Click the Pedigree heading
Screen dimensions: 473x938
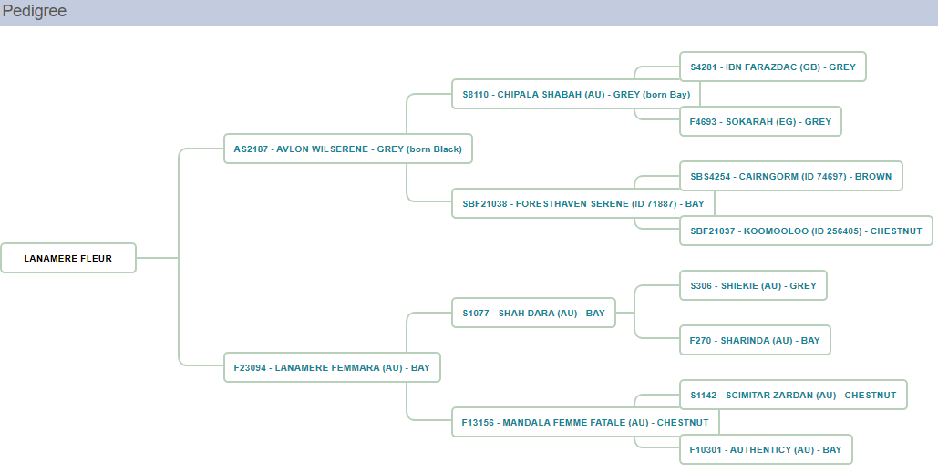(35, 12)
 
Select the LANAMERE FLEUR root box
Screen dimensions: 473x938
(68, 258)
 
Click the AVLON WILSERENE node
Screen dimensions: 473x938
(347, 149)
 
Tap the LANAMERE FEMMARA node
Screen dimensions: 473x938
(331, 367)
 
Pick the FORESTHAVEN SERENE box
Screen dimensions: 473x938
(582, 203)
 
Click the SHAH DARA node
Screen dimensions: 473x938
(533, 313)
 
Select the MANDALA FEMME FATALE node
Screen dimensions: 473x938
(585, 422)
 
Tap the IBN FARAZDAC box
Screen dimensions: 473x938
(773, 67)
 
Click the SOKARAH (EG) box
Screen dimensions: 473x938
(760, 121)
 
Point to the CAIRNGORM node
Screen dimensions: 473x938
(790, 176)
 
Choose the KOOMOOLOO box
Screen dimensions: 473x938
(806, 231)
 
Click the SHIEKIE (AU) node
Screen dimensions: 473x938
(753, 285)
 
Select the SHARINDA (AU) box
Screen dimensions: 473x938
(755, 340)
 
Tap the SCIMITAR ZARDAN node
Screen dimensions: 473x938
(793, 395)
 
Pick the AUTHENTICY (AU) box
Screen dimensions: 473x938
(766, 449)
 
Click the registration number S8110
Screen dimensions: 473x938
(476, 94)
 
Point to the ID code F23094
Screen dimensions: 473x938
(250, 367)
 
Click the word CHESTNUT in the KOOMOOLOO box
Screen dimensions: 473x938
(896, 231)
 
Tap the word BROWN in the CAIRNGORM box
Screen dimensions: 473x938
(872, 176)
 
